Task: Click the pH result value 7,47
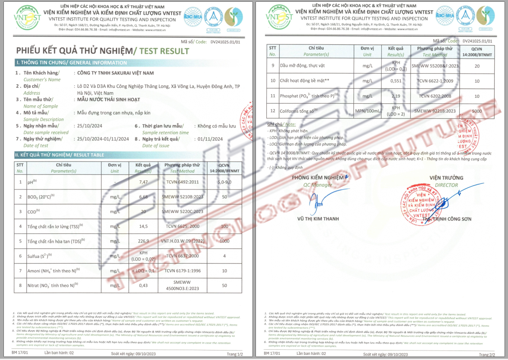click(143, 183)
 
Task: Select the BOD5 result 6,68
click(143, 197)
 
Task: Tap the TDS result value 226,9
click(143, 241)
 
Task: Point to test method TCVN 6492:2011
click(182, 183)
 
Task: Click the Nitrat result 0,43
click(143, 286)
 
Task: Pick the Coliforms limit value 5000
click(477, 111)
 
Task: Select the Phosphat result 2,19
click(396, 96)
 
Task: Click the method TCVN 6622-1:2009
click(435, 81)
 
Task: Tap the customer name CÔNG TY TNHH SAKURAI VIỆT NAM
click(115, 73)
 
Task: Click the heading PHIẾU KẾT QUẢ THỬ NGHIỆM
click(74, 51)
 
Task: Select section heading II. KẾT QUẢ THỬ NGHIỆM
click(59, 155)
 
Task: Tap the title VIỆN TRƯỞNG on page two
click(446, 178)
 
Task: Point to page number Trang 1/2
click(234, 354)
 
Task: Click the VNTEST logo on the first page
click(27, 17)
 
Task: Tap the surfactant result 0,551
click(396, 81)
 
